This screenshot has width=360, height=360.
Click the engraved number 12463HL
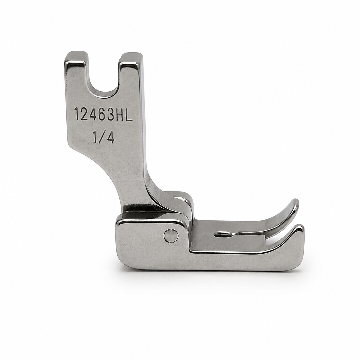point(103,114)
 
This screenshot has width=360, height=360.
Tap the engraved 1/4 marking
point(103,137)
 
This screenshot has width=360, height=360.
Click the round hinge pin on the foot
point(171,236)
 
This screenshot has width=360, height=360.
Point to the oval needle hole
point(223,233)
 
